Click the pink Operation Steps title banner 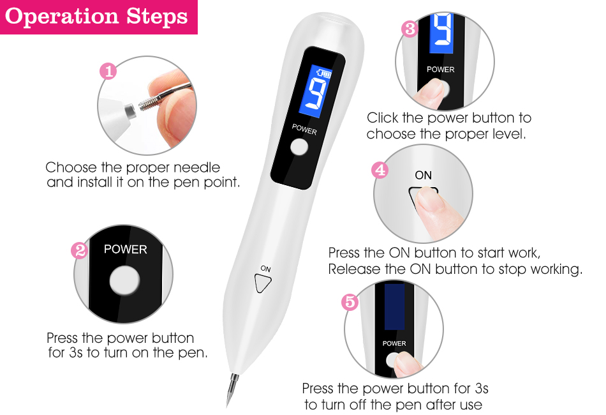(x=98, y=17)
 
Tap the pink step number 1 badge (x=108, y=71)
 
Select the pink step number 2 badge (x=80, y=251)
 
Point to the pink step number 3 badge (x=410, y=29)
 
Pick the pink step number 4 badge (x=380, y=170)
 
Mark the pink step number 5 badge (x=350, y=302)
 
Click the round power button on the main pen (x=299, y=147)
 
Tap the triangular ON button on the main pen (x=262, y=283)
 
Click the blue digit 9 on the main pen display (x=316, y=94)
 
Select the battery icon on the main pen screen (x=324, y=73)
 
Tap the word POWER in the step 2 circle (x=126, y=250)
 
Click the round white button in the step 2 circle (x=124, y=281)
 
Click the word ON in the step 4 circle (x=423, y=175)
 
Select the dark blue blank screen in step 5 (x=395, y=306)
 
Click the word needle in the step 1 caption (x=196, y=167)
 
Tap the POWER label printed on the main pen (x=304, y=130)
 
